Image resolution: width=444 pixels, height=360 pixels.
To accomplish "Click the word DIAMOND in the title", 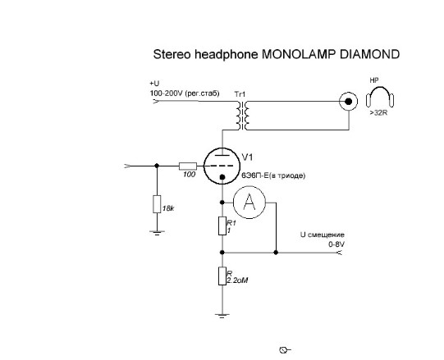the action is pyautogui.click(x=369, y=54).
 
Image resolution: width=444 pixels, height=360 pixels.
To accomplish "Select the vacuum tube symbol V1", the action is pyautogui.click(x=222, y=166).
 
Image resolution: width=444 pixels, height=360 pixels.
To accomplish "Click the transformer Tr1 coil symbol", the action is pyautogui.click(x=242, y=115).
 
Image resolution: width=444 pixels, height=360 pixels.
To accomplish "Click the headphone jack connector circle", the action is pyautogui.click(x=349, y=101).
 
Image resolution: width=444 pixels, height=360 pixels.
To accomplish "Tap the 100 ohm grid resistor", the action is pyautogui.click(x=188, y=166).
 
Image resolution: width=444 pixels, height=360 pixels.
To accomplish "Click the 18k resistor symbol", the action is pyautogui.click(x=157, y=204).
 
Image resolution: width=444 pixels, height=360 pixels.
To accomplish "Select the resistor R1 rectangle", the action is pyautogui.click(x=222, y=226).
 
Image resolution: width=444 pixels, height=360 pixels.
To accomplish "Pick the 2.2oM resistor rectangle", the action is pyautogui.click(x=222, y=276).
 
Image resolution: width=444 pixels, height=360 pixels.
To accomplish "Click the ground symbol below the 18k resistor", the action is pyautogui.click(x=157, y=233).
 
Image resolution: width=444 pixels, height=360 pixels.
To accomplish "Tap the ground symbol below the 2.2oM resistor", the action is pyautogui.click(x=222, y=316).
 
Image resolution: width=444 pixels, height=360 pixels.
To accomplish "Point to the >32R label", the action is pyautogui.click(x=378, y=113).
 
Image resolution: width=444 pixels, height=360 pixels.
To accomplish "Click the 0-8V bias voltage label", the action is pyautogui.click(x=336, y=244).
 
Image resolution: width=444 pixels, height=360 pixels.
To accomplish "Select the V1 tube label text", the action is pyautogui.click(x=248, y=157).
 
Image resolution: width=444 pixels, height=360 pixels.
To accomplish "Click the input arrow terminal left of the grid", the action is pyautogui.click(x=127, y=166).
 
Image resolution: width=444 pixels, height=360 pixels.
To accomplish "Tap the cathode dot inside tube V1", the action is pyautogui.click(x=222, y=177).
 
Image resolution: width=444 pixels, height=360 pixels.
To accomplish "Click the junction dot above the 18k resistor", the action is pyautogui.click(x=157, y=166).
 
